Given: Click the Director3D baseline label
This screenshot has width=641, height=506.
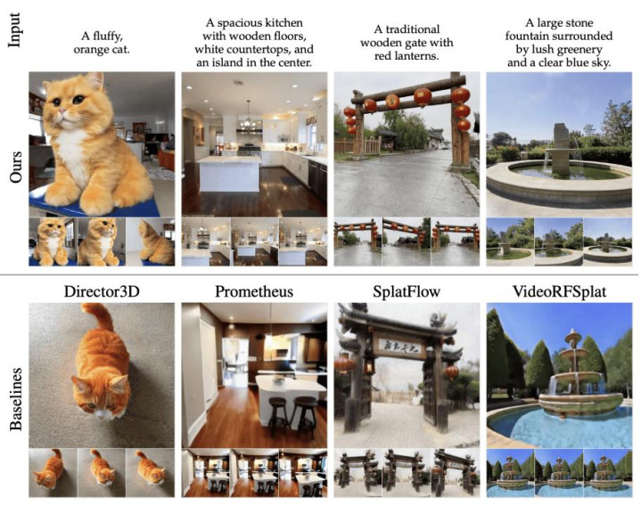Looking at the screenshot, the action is click(102, 291).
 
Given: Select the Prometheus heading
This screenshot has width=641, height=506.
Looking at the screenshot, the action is click(254, 291).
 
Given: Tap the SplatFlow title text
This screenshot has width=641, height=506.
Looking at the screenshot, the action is click(407, 291).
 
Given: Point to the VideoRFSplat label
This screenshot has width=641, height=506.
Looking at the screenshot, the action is click(559, 291).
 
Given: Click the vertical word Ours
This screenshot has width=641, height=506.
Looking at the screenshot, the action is click(15, 167).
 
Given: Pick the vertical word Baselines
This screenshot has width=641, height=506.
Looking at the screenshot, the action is click(15, 399).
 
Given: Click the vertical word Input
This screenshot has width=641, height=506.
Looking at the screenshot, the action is click(14, 29).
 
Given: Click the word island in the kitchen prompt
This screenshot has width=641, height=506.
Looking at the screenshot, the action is click(229, 62).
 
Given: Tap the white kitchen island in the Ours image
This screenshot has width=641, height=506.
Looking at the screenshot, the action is click(229, 174).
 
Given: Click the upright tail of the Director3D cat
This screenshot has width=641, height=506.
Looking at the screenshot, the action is click(99, 317).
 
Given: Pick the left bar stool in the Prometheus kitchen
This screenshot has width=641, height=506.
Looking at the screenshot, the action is click(278, 416).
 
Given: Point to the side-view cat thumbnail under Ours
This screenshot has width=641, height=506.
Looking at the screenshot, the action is click(151, 242).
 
